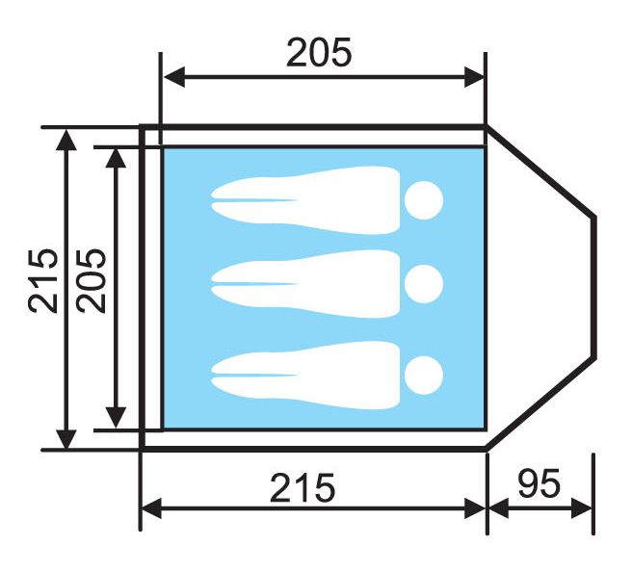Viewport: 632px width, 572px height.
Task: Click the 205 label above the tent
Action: pos(319,52)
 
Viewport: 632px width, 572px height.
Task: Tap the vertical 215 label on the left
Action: pos(43,280)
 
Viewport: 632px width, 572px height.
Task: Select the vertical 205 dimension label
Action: pos(92,280)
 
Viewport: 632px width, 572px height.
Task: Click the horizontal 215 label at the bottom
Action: pos(303,487)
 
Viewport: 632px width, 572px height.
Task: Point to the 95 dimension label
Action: pos(539,483)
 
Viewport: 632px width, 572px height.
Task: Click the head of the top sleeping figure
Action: pos(424,200)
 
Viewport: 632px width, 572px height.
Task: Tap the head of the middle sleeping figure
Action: pos(424,284)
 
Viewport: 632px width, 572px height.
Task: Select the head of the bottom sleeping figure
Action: pos(424,375)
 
